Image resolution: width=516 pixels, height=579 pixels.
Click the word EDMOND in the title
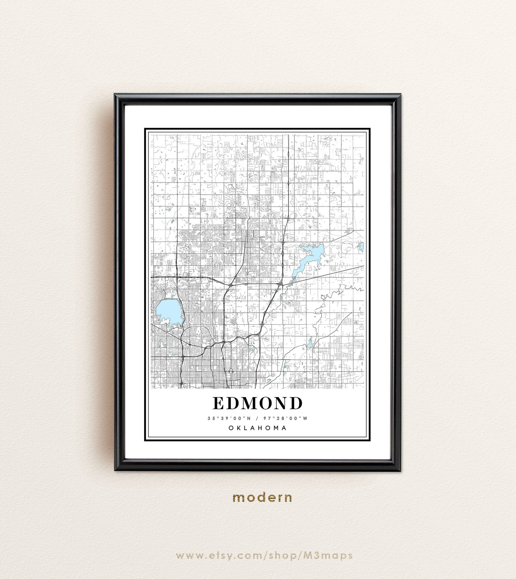coord(258,404)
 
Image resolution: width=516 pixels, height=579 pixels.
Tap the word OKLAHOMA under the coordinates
coord(258,428)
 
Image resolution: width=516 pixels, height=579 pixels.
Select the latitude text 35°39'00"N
coord(229,418)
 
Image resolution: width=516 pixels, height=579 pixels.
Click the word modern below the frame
coord(262,497)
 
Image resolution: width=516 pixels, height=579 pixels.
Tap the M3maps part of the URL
coord(333,556)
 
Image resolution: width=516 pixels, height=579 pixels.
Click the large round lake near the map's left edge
coord(168,311)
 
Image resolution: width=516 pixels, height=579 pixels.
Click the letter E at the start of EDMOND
coord(218,404)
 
